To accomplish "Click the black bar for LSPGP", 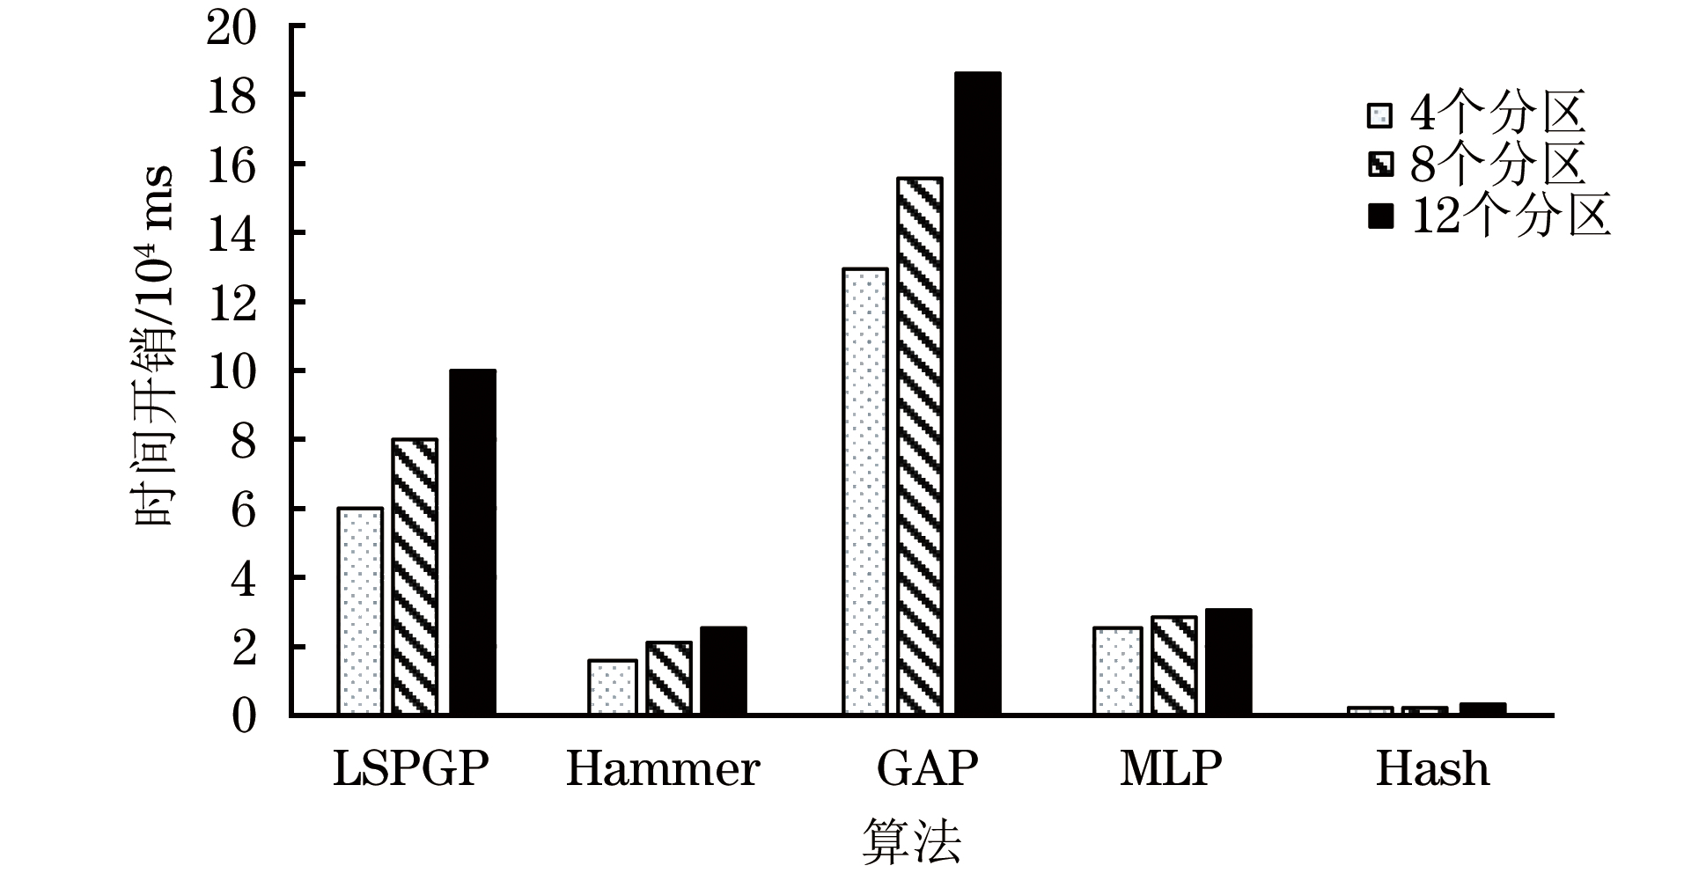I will (x=472, y=542).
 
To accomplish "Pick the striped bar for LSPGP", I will (x=415, y=576).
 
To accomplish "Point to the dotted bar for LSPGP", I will (x=359, y=612).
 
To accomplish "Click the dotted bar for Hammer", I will (x=612, y=687).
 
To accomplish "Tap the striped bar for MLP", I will (x=1173, y=665).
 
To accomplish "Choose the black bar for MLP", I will (x=1228, y=662).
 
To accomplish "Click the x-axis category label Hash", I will (x=1432, y=768).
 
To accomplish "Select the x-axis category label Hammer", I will (x=662, y=768).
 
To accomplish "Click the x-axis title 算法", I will (x=911, y=840).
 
